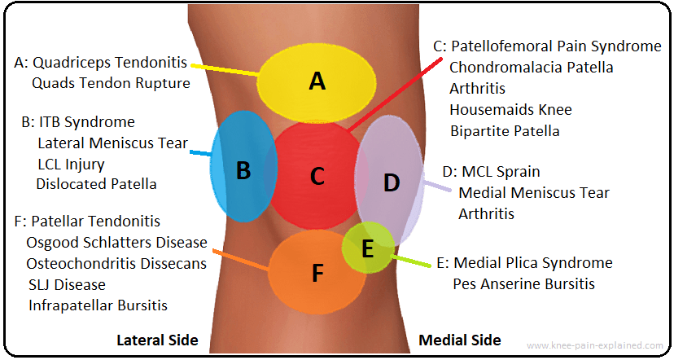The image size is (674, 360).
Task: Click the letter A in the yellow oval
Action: pos(317,81)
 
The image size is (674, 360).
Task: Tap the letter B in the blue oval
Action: pos(243,171)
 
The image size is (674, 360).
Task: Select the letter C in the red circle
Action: pos(317,175)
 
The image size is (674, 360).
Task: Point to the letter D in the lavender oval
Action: pos(392,183)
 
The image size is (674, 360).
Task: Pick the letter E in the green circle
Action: pos(367,249)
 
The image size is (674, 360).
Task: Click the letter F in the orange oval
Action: pos(317,274)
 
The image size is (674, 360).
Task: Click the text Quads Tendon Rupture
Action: pos(111,83)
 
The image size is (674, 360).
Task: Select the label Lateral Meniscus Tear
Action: pos(112,143)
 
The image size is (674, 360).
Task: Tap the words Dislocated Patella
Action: pos(96,184)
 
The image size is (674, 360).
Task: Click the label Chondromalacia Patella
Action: pos(531,68)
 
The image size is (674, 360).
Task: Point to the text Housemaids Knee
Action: pos(510,109)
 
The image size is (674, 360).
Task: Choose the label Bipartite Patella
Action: pos(504,130)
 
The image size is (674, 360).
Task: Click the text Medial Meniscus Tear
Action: pos(534,193)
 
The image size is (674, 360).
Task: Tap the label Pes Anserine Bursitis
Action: pos(524,284)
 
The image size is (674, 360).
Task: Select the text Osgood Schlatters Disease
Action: pos(116,243)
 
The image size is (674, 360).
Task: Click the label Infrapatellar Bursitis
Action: pos(98,306)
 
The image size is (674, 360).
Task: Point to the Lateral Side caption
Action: pos(157,340)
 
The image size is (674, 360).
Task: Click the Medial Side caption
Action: pos(459,340)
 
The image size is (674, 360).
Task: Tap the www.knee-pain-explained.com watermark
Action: pos(595,345)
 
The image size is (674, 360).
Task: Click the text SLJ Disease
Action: pos(67,285)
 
